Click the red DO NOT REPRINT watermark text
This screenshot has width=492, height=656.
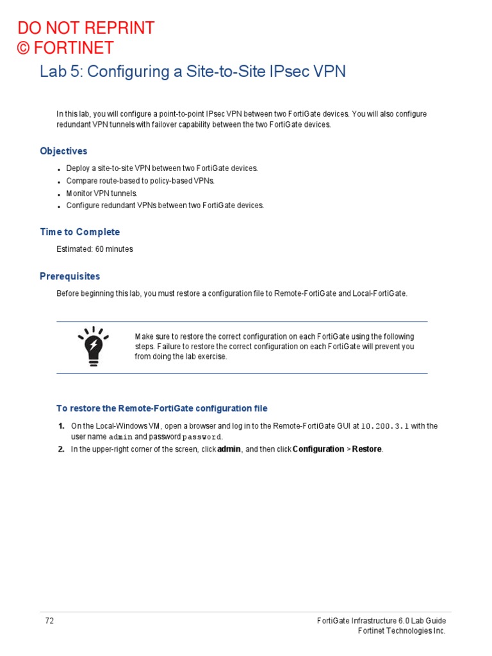[x=86, y=28]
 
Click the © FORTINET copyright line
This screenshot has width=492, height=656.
[x=65, y=48]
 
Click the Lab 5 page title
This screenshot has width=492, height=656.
[x=192, y=71]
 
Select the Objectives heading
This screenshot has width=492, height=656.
[x=63, y=151]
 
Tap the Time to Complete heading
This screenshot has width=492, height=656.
[x=79, y=232]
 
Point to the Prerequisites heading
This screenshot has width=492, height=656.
[x=70, y=276]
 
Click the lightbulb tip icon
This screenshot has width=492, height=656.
[x=94, y=346]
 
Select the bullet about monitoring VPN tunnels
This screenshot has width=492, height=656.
[x=102, y=193]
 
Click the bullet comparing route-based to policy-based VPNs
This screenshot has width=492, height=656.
[x=141, y=181]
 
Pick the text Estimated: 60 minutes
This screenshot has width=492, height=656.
[x=95, y=249]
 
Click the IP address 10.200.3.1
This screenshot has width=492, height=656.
[x=385, y=426]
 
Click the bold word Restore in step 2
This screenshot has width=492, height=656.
[x=366, y=449]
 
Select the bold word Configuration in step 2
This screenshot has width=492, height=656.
[x=318, y=449]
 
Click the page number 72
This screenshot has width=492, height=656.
[x=49, y=621]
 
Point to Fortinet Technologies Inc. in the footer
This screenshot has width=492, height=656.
[x=401, y=631]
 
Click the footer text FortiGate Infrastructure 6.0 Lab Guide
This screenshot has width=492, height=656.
[x=382, y=621]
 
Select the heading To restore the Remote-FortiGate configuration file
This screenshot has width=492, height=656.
[x=162, y=408]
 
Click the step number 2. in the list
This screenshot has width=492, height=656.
[x=61, y=449]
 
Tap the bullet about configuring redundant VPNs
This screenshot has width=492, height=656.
[x=165, y=206]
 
